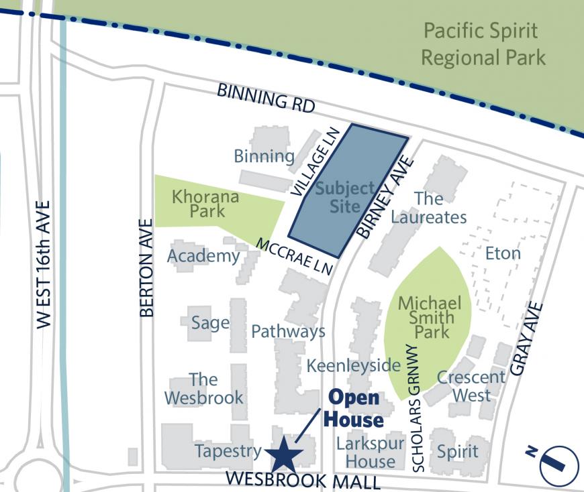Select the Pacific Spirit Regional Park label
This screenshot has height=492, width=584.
[483, 44]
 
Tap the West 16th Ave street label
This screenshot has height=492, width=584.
[44, 264]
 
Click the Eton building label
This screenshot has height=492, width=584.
[502, 253]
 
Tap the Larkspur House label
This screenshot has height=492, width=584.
[371, 452]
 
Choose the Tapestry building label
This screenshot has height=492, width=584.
[228, 451]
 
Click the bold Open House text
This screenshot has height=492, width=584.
[354, 409]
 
